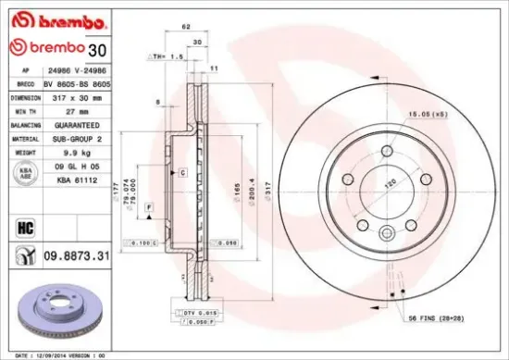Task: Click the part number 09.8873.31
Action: tap(80, 254)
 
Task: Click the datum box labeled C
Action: tap(183, 173)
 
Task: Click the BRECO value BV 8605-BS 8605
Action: tap(78, 83)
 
